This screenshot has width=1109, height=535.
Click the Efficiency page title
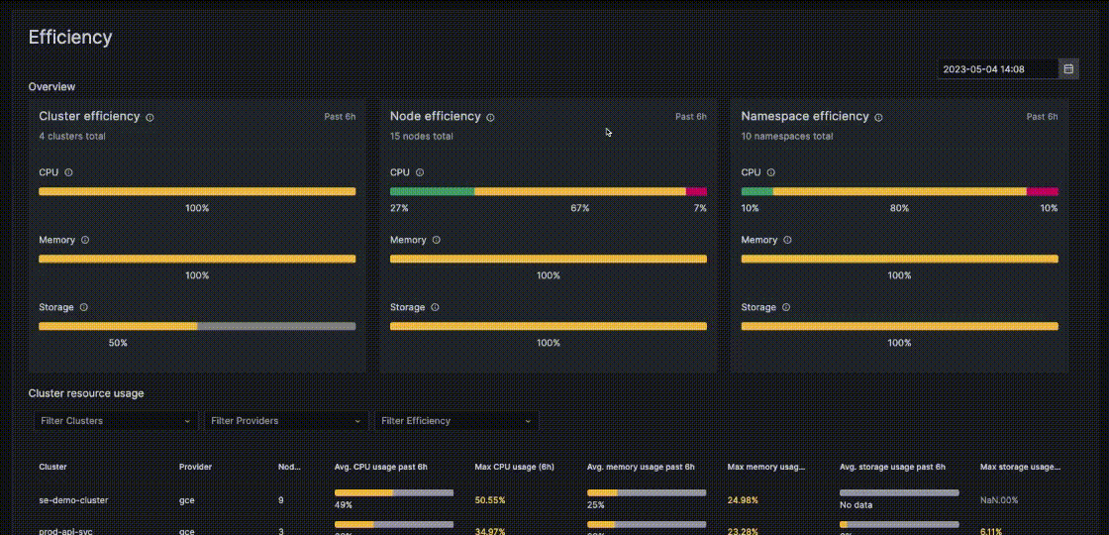(x=70, y=38)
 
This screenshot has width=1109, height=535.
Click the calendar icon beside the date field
(x=1068, y=69)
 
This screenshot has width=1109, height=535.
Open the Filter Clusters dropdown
(x=115, y=421)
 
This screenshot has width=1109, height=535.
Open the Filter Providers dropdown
(x=285, y=421)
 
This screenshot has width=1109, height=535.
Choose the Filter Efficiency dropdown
(x=455, y=421)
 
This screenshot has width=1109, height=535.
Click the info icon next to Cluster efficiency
(x=151, y=117)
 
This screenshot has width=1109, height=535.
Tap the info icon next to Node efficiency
(x=490, y=117)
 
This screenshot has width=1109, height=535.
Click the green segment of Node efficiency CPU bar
(x=432, y=191)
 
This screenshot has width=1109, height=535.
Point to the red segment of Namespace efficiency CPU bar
(x=1042, y=191)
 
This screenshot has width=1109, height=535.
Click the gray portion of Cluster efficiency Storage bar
(x=276, y=326)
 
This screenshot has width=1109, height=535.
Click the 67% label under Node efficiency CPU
(x=579, y=208)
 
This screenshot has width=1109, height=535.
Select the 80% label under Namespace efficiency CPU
(x=899, y=208)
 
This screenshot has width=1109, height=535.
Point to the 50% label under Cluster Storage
(x=118, y=343)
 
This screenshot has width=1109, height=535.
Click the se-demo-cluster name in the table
(x=73, y=500)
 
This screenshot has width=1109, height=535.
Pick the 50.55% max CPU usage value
(x=490, y=500)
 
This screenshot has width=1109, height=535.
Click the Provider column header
(x=195, y=467)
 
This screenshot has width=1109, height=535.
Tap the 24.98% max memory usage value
(x=744, y=500)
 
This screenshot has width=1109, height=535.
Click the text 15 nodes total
(x=421, y=136)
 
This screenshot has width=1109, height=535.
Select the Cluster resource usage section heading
(x=86, y=393)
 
